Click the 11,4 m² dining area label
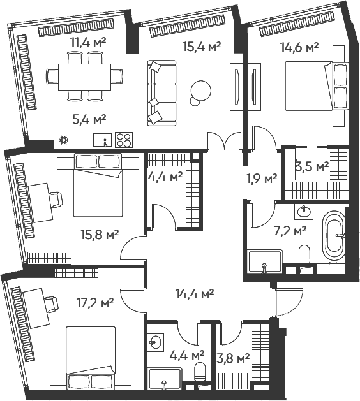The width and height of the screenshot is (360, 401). point(89,42)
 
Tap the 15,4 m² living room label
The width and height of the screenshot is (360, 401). point(202,47)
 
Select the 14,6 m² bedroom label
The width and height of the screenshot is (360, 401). point(299,47)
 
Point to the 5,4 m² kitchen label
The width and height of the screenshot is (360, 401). point(89,119)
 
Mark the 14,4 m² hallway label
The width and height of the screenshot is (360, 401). point(195,293)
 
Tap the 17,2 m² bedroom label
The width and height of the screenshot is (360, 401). point(95,303)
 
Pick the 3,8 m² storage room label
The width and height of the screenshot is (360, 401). point(233,358)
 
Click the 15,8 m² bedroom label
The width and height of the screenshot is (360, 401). point(100,234)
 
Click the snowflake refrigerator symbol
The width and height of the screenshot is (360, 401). point(63,140)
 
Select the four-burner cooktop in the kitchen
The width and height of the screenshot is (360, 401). point(124,140)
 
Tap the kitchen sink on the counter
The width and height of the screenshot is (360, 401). point(102,140)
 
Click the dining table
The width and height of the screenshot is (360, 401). point(84,77)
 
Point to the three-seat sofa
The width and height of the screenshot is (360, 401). point(162,93)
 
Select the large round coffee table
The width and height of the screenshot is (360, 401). point(200,90)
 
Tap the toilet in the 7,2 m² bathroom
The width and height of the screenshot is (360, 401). point(304,254)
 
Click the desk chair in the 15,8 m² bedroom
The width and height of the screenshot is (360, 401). point(56,200)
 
